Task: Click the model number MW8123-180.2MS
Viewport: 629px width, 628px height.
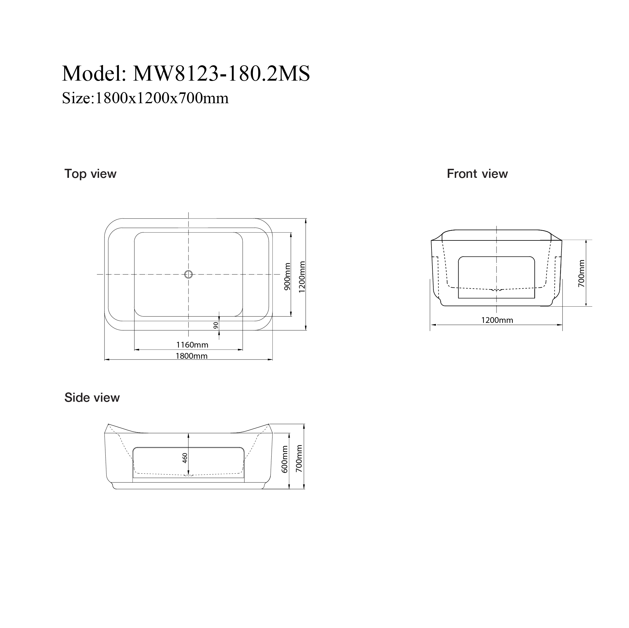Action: click(221, 73)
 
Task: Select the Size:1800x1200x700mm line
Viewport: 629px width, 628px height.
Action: click(145, 98)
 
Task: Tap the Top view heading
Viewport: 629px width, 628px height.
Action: click(90, 174)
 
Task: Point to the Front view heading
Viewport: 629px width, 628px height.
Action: click(477, 174)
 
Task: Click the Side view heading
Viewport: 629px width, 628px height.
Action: click(92, 398)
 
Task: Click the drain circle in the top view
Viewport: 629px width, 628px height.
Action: click(188, 274)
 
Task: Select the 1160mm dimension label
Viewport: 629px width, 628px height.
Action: click(192, 345)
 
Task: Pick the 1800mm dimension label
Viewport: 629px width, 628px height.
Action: click(192, 356)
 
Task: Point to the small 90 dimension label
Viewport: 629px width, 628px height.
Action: click(216, 325)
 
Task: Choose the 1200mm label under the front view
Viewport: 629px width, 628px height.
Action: click(497, 320)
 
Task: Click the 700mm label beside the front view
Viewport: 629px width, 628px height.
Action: click(581, 273)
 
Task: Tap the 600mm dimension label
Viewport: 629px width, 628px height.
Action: click(285, 459)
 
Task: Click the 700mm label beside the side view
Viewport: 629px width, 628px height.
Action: click(299, 459)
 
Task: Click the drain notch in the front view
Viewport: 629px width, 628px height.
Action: click(496, 289)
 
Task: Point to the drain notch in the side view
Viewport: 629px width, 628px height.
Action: click(188, 475)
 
